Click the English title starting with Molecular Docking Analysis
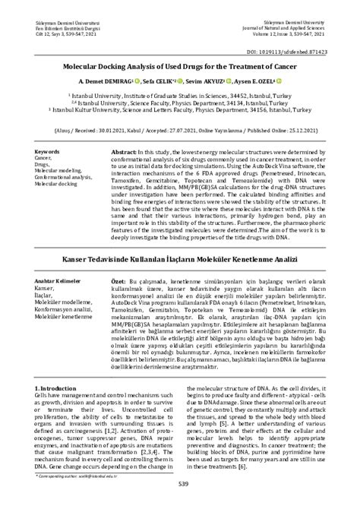click(x=180, y=66)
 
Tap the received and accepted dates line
click(x=180, y=128)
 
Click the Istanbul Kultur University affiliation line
click(x=180, y=109)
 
